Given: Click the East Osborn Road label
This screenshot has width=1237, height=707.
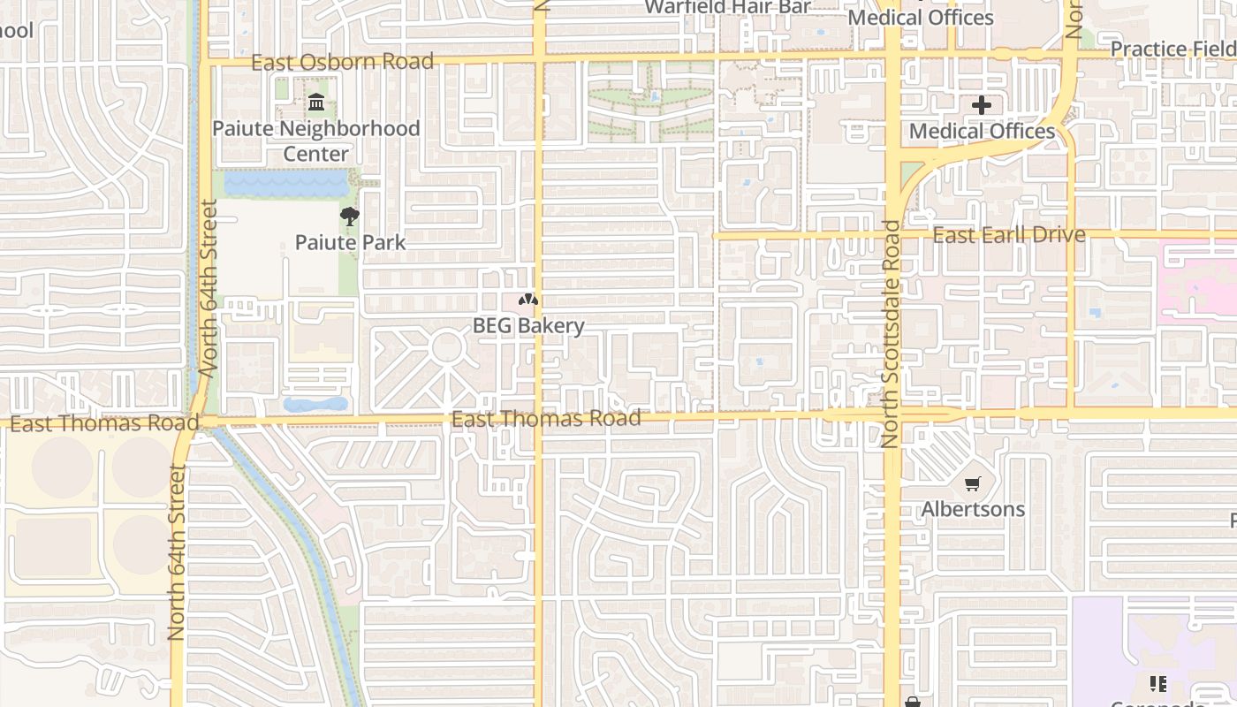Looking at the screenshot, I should click(342, 62).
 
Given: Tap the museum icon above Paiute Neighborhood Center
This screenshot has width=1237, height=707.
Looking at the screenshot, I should click(316, 103).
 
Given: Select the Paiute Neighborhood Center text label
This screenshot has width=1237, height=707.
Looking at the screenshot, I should click(316, 141).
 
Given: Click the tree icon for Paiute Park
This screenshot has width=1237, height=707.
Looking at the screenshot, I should click(350, 216).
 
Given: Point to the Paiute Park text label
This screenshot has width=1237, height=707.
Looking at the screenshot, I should click(350, 242).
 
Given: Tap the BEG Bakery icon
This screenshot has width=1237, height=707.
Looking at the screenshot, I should click(528, 300).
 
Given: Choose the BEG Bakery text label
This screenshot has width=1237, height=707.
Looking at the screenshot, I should click(528, 325).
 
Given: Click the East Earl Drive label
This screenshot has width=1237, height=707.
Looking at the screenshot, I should click(1009, 234).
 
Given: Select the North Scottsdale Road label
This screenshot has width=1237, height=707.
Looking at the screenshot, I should click(890, 334).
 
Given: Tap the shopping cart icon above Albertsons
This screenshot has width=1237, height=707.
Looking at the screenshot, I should click(973, 483).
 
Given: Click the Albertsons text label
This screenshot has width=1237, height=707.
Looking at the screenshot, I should click(973, 509).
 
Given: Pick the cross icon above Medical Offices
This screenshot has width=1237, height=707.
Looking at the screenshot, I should click(982, 106).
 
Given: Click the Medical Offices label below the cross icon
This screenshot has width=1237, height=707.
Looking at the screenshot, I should click(982, 132).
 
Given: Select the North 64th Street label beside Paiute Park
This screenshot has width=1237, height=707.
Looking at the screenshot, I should click(209, 288).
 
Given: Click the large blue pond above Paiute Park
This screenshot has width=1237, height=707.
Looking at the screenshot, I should click(286, 183).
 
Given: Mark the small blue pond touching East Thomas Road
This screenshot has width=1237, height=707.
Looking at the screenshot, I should click(315, 405).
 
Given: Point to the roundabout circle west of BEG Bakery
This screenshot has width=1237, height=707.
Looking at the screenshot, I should click(446, 346).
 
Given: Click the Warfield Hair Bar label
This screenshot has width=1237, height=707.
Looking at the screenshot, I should click(727, 7).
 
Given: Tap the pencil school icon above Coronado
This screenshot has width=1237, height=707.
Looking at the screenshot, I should click(1157, 683).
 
